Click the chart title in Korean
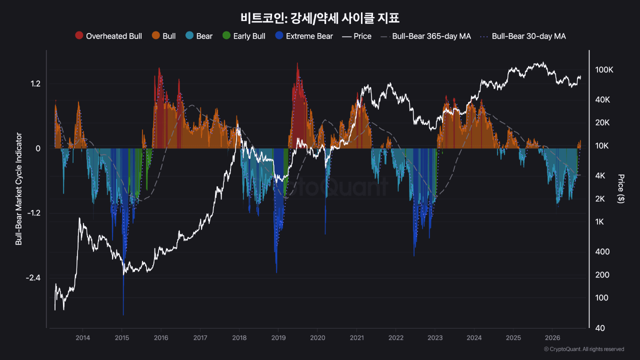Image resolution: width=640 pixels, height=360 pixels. [319, 18]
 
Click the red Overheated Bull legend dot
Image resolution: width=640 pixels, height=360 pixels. [79, 35]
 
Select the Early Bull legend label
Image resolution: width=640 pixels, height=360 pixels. [249, 36]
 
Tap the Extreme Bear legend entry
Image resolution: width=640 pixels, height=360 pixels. [304, 36]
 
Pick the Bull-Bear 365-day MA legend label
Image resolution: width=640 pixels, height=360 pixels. [431, 36]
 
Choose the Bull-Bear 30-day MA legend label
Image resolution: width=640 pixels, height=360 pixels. [528, 36]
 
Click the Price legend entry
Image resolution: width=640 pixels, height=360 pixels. [357, 36]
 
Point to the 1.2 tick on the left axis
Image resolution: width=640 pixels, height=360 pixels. [35, 83]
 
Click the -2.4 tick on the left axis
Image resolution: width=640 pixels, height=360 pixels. [33, 277]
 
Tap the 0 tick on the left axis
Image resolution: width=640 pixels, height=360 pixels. [38, 148]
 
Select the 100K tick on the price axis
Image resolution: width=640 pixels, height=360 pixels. [604, 69]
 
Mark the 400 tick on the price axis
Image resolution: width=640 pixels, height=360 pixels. [602, 251]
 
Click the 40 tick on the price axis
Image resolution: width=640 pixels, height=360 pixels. [600, 328]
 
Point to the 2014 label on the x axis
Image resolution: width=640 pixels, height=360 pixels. [82, 338]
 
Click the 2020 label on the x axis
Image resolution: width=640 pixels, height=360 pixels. [317, 338]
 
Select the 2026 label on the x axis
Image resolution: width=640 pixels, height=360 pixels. [552, 338]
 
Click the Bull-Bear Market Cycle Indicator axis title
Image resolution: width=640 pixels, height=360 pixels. [18, 189]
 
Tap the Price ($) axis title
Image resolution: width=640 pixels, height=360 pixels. [621, 189]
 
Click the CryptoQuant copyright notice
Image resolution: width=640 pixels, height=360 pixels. [583, 349]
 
